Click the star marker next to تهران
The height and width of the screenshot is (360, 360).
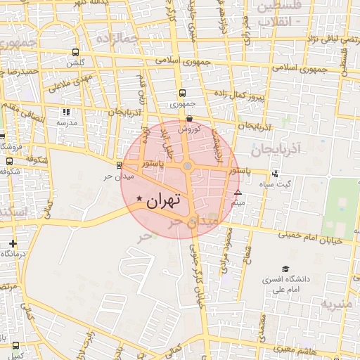pos(140,200)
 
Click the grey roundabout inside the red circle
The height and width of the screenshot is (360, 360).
pos(188,167)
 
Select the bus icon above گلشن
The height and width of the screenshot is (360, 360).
pos(76,53)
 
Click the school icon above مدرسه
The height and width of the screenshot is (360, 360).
pos(66,111)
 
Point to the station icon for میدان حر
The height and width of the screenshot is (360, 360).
pos(119,166)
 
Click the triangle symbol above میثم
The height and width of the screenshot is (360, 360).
pos(238,192)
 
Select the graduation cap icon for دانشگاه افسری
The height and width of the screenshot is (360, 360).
pos(285,269)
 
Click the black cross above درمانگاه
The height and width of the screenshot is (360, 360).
pos(13,243)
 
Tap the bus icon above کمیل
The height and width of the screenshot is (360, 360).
pos(15,345)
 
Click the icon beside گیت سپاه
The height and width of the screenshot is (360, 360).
pos(275,174)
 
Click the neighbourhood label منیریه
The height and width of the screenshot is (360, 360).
pos(336,304)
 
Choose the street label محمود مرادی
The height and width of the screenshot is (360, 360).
pos(227,251)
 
